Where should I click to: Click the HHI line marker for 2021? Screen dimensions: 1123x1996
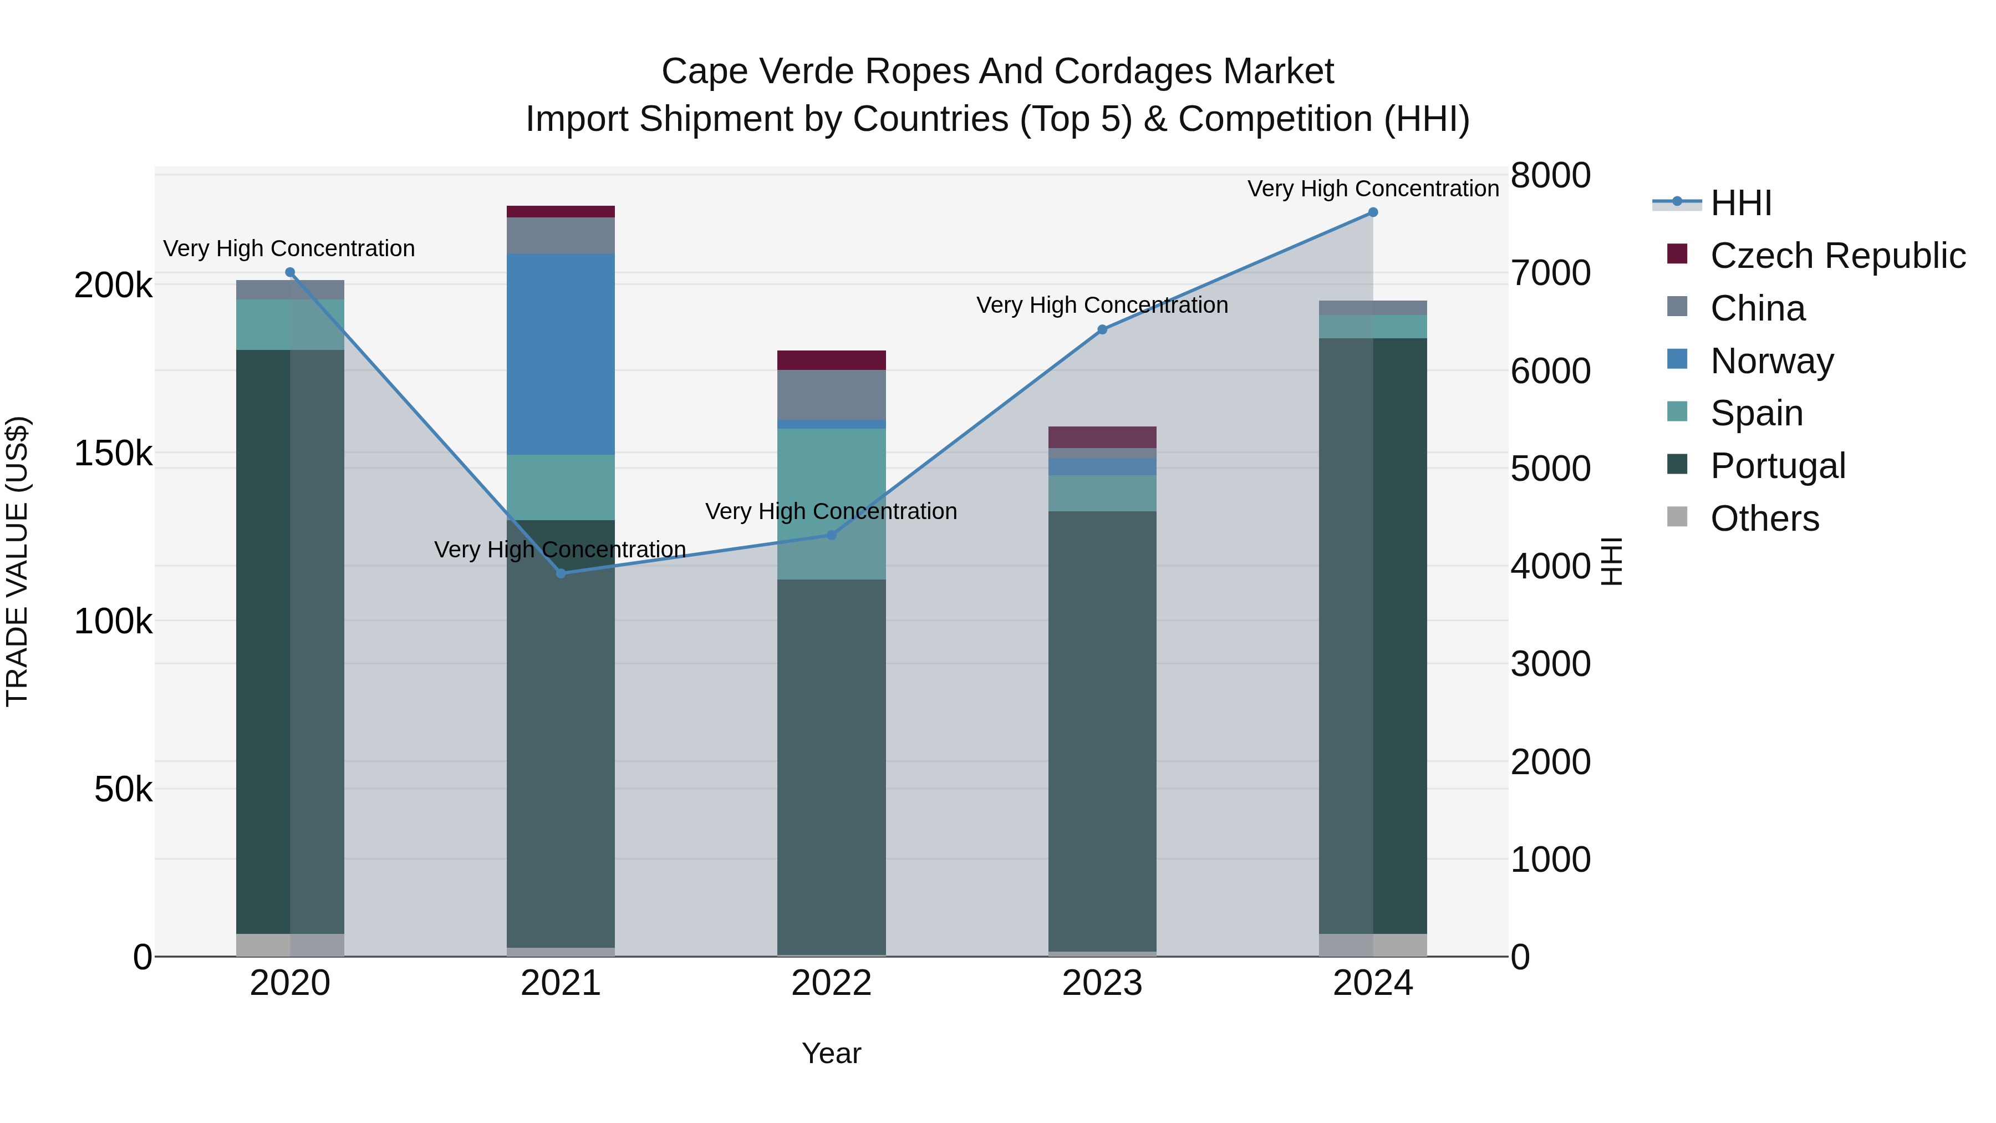click(x=561, y=573)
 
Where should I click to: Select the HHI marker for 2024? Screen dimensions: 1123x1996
click(x=1373, y=212)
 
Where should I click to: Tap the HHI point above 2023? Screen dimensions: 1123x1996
click(x=1103, y=329)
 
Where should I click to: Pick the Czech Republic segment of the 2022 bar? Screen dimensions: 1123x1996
click(x=832, y=360)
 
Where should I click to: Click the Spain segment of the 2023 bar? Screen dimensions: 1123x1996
click(x=1103, y=493)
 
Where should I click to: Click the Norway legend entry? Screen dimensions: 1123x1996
click(x=1771, y=361)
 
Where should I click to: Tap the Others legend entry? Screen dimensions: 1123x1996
click(x=1764, y=519)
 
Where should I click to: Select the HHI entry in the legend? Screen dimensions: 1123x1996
click(x=1740, y=203)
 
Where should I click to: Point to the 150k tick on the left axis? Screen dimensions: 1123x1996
click(x=113, y=454)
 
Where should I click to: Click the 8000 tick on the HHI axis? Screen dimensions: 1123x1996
click(x=1550, y=175)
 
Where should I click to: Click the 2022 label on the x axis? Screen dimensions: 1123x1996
click(x=832, y=983)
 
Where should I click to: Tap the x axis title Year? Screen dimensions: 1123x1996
click(x=832, y=1053)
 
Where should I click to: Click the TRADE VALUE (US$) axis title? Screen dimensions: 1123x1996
click(x=17, y=561)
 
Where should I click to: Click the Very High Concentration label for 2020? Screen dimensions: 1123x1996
click(x=289, y=249)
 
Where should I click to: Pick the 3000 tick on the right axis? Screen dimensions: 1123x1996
click(x=1550, y=664)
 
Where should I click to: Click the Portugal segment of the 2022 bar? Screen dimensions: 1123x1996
click(x=832, y=768)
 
